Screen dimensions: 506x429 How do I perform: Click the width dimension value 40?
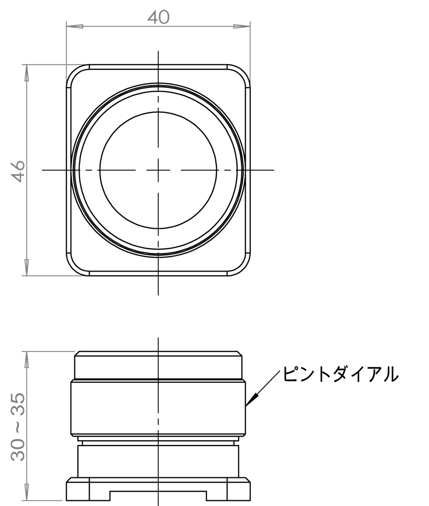pos(158,17)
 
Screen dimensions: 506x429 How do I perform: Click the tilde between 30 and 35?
pos(18,427)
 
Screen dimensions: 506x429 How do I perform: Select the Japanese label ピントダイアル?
pos(340,374)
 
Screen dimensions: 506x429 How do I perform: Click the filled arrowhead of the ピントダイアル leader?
pos(250,401)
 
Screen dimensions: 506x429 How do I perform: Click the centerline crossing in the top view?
pos(158,170)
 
